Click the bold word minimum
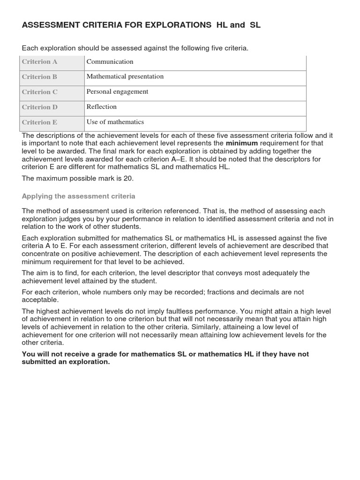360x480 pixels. [241, 143]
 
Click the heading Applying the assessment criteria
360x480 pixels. [78, 196]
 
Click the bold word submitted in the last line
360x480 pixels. [40, 362]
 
